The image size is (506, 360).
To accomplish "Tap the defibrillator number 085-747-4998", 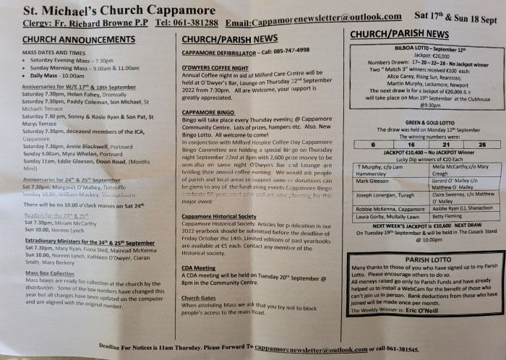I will (x=286, y=51).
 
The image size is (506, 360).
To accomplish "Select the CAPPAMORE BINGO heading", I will (x=210, y=113).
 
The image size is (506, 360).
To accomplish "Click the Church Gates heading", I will (x=202, y=298).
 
